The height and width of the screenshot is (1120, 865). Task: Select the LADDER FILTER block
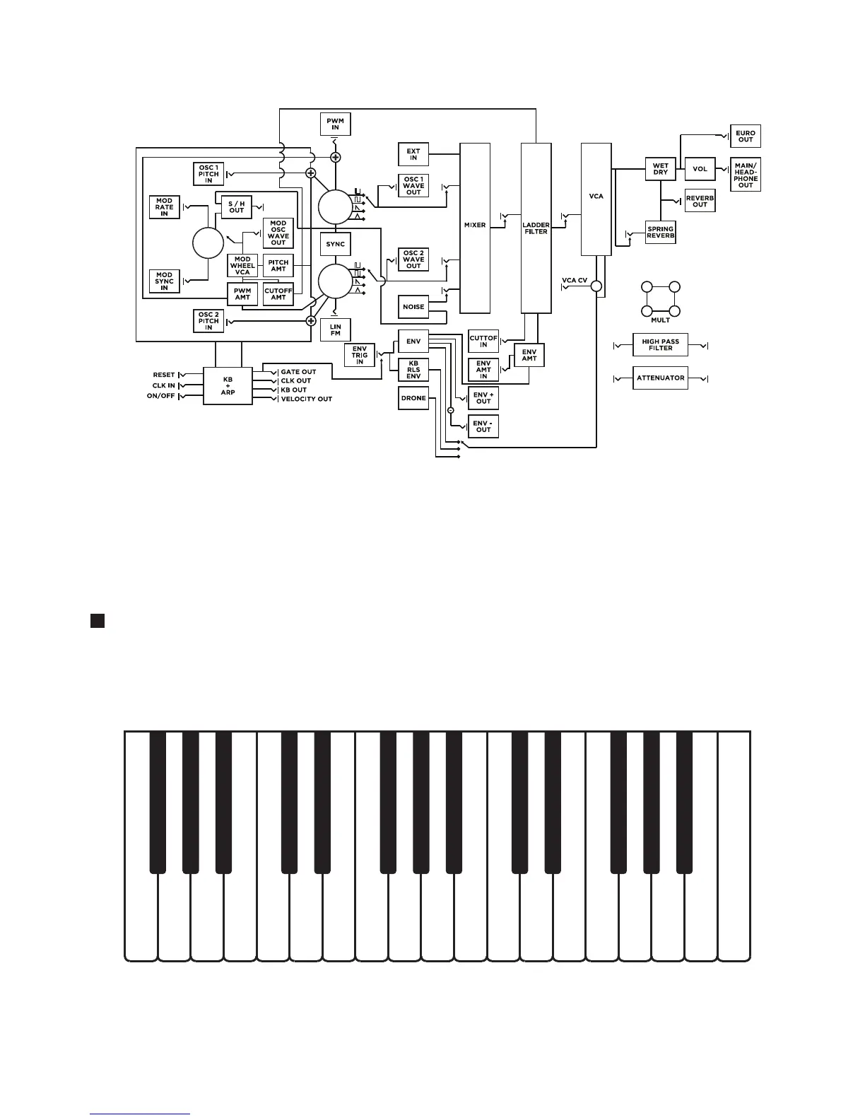point(536,228)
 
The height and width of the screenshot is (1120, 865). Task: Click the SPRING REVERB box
point(661,233)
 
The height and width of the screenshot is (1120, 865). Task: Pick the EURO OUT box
point(746,136)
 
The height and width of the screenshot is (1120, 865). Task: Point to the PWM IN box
point(335,124)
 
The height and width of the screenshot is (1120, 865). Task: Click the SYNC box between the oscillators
point(335,244)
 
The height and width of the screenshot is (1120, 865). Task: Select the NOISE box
point(413,307)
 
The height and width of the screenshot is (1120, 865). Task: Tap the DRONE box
point(413,398)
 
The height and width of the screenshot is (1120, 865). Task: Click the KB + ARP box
point(228,385)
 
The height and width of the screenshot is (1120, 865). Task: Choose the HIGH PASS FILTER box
point(661,345)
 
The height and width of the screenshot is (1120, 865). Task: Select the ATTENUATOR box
point(661,378)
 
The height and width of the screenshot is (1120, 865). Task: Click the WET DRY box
point(661,169)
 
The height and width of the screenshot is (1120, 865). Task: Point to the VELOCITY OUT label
point(306,399)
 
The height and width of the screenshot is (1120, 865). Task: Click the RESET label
point(164,375)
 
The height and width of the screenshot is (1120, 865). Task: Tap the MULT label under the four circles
point(661,320)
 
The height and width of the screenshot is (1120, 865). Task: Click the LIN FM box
point(335,330)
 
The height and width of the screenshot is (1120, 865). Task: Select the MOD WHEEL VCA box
point(242,266)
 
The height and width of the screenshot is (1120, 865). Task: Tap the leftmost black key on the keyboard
point(158,802)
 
